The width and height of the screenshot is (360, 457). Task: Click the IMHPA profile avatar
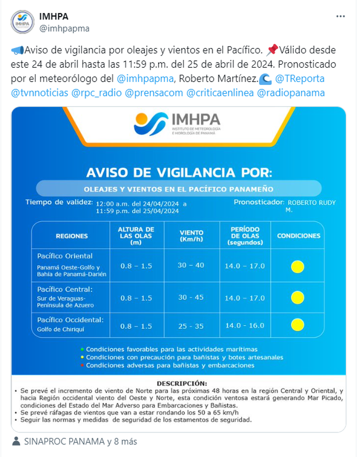[x=23, y=22]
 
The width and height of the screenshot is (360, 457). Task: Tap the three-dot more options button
[x=341, y=16]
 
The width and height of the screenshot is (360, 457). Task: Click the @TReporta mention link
[x=299, y=78]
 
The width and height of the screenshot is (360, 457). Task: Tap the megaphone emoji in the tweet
[x=18, y=51]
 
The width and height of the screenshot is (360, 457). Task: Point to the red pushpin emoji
[x=272, y=51]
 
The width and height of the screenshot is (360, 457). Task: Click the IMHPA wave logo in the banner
[x=151, y=124]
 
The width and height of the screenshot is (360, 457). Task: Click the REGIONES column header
[x=72, y=236]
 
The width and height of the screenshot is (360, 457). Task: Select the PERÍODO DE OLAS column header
[x=245, y=236]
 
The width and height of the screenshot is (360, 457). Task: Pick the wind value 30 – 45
[x=191, y=297]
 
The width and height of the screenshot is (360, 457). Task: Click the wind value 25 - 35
[x=191, y=325]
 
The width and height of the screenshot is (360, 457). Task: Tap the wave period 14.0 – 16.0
[x=245, y=325]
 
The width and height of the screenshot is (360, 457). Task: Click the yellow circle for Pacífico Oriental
[x=298, y=266]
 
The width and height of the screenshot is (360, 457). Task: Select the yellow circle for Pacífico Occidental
[x=298, y=325]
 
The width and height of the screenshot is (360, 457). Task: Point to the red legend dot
[x=83, y=366]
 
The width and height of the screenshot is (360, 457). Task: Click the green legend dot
[x=83, y=349]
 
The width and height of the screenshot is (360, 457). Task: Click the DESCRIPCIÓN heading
[x=181, y=383]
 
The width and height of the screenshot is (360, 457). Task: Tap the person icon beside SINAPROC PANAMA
[x=16, y=441]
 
